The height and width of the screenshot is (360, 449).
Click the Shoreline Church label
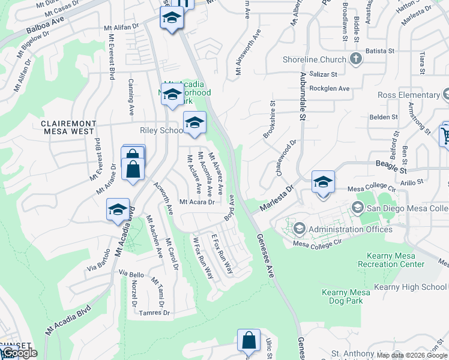(316, 59)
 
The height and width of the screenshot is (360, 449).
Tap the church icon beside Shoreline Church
(356, 59)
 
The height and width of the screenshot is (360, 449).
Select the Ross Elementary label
(408, 95)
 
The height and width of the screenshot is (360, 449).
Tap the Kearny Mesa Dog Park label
(342, 296)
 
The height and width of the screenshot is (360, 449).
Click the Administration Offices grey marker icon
(299, 229)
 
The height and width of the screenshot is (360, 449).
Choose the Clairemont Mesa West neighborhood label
(67, 127)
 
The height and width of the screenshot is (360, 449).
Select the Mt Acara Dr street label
(197, 202)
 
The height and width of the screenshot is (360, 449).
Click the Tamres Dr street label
(154, 313)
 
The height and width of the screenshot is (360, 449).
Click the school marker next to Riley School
(194, 122)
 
